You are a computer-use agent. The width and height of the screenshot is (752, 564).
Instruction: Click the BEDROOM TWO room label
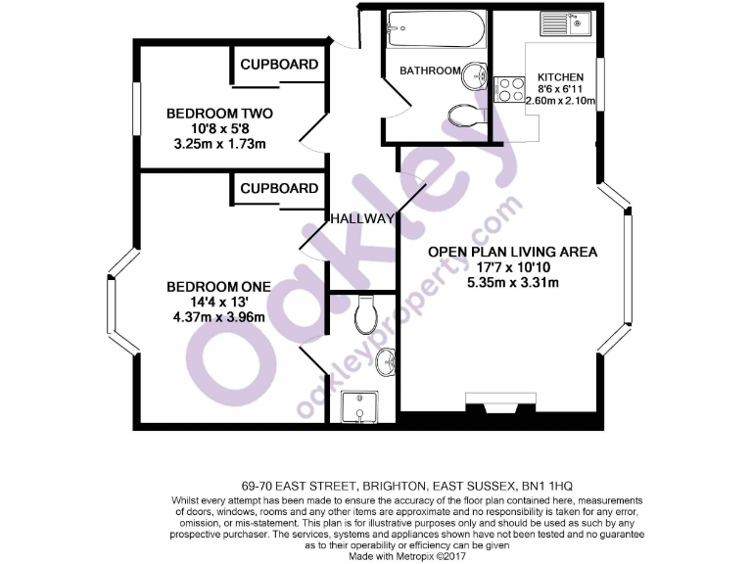218,114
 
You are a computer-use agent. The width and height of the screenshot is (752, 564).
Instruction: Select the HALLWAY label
362,218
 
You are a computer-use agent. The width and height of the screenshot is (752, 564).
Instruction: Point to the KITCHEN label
560,77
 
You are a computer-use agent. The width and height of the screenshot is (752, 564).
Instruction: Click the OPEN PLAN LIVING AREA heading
512,252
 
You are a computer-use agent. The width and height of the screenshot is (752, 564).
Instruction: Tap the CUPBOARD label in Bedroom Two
279,65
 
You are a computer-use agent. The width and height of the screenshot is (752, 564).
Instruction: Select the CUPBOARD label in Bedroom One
279,188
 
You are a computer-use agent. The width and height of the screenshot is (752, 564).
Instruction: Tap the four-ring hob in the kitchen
509,90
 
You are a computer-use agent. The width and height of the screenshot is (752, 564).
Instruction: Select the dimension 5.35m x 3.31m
512,284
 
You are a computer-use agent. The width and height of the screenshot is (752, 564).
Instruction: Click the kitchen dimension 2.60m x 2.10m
560,100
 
